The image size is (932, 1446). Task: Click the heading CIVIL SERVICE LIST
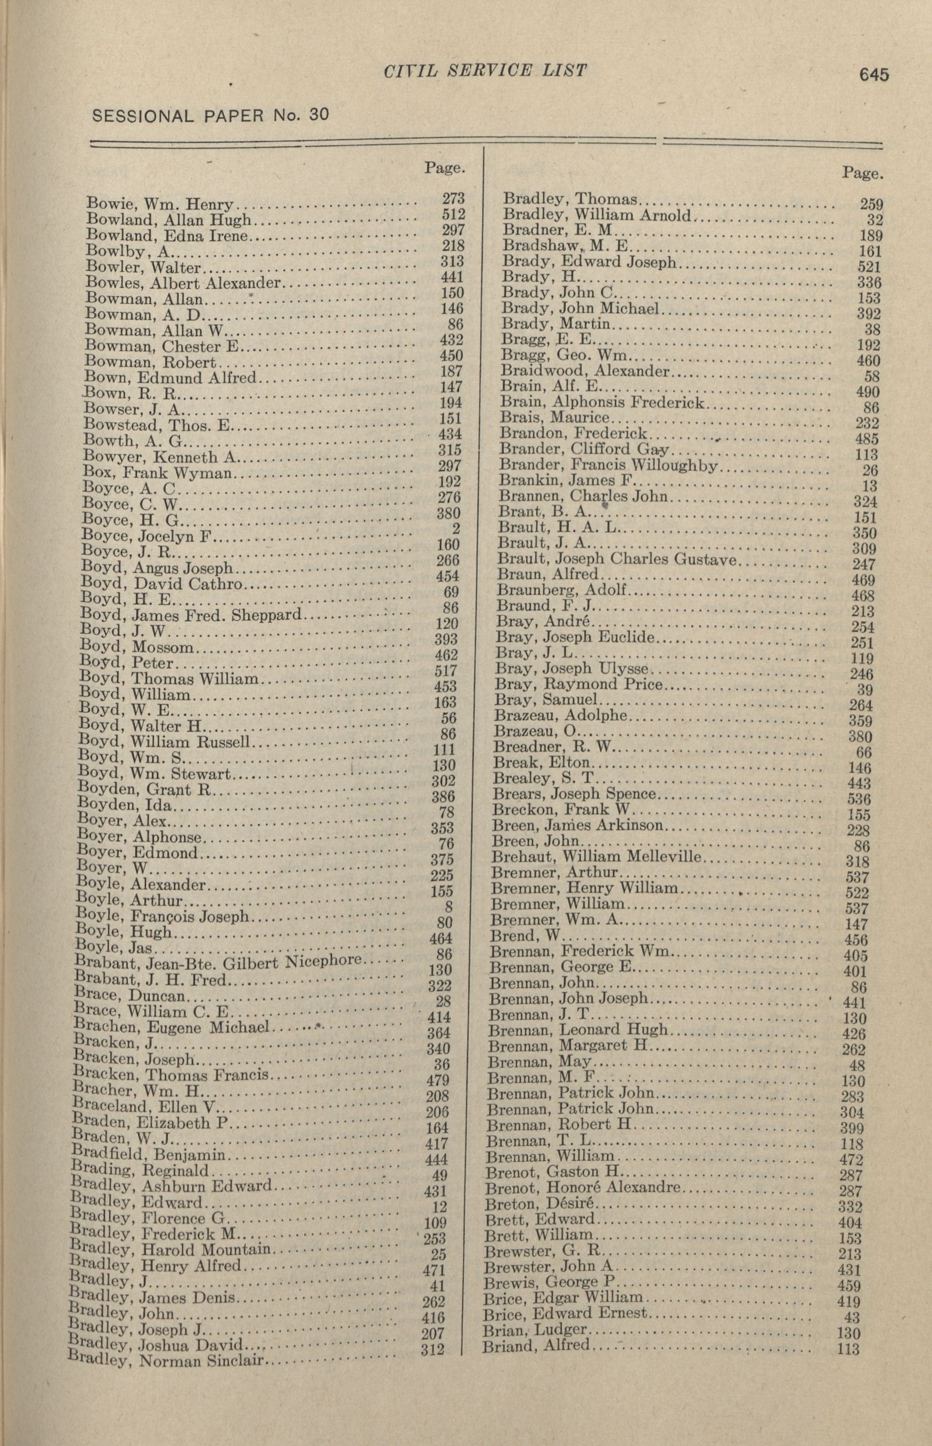click(x=485, y=71)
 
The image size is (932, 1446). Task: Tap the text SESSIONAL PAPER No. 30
click(x=210, y=115)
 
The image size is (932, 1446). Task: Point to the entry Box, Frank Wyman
click(x=159, y=472)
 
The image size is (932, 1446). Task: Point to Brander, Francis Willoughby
click(x=609, y=466)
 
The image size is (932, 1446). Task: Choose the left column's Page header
click(x=445, y=168)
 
